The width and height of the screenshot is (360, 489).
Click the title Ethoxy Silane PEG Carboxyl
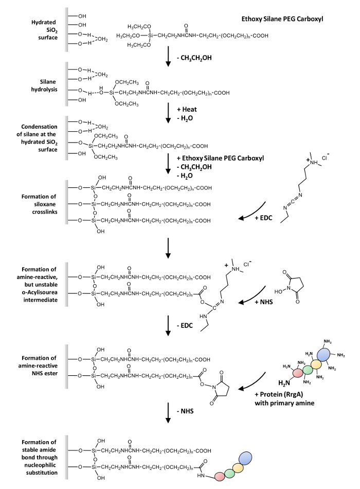tap(282, 19)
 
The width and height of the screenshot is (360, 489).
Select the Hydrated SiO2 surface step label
tap(44, 30)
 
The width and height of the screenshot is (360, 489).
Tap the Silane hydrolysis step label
tap(44, 85)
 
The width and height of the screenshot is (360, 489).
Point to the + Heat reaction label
tap(187, 110)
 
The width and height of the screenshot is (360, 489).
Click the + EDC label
tap(263, 218)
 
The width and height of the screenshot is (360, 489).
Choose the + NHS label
tap(264, 302)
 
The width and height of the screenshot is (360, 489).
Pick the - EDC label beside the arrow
tap(185, 326)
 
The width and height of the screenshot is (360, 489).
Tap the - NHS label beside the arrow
tap(185, 411)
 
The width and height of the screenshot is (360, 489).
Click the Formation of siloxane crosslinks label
tap(39, 204)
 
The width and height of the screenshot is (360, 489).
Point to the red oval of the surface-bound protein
tap(220, 476)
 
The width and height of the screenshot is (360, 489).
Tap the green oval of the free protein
tap(308, 370)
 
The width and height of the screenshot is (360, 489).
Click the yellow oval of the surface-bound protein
tap(238, 467)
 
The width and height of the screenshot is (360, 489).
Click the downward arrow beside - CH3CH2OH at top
tap(168, 57)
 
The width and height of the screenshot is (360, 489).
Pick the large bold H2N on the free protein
tap(284, 382)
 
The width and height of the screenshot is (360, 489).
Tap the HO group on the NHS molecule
tap(278, 291)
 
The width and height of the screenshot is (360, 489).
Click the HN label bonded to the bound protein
tap(201, 476)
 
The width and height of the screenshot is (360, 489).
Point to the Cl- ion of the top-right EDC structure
tap(326, 158)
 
